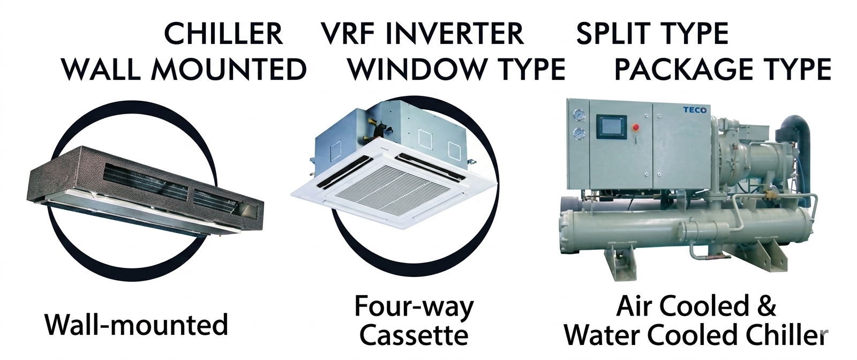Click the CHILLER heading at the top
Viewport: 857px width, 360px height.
pyautogui.click(x=223, y=34)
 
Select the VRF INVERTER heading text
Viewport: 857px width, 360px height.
pyautogui.click(x=422, y=34)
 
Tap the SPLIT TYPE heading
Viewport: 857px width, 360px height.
pyautogui.click(x=652, y=34)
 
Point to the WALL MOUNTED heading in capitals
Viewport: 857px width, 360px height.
pyautogui.click(x=184, y=70)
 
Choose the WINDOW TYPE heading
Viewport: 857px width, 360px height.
pyautogui.click(x=456, y=70)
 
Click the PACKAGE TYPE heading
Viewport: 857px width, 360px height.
pyautogui.click(x=723, y=70)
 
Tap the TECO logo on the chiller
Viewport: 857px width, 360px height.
pyautogui.click(x=695, y=110)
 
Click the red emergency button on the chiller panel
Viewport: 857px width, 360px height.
pyautogui.click(x=636, y=127)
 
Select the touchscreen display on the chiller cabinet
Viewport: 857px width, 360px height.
pyautogui.click(x=611, y=127)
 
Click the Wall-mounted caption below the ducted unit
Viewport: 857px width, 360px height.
pyautogui.click(x=137, y=325)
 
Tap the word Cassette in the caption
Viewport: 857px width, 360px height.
pyautogui.click(x=414, y=335)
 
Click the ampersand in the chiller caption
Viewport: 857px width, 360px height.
pyautogui.click(x=767, y=306)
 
